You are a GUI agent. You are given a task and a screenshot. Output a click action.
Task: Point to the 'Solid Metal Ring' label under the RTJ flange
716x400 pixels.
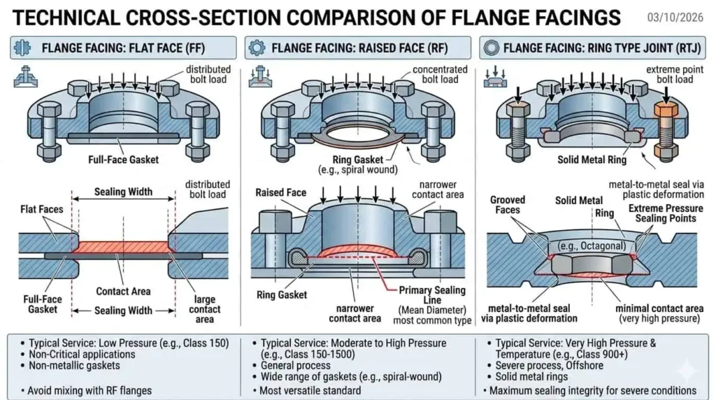point(592,160)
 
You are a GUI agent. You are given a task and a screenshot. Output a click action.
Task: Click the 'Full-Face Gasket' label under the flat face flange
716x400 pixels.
point(123,159)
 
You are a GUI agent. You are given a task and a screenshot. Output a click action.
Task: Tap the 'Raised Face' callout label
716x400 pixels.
point(280,192)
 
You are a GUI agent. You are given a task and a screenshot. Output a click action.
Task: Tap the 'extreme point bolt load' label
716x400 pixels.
point(668,74)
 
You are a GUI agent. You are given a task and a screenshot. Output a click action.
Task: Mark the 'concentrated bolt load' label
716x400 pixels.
point(440,74)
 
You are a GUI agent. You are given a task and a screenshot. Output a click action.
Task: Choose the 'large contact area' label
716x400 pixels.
point(205,308)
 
